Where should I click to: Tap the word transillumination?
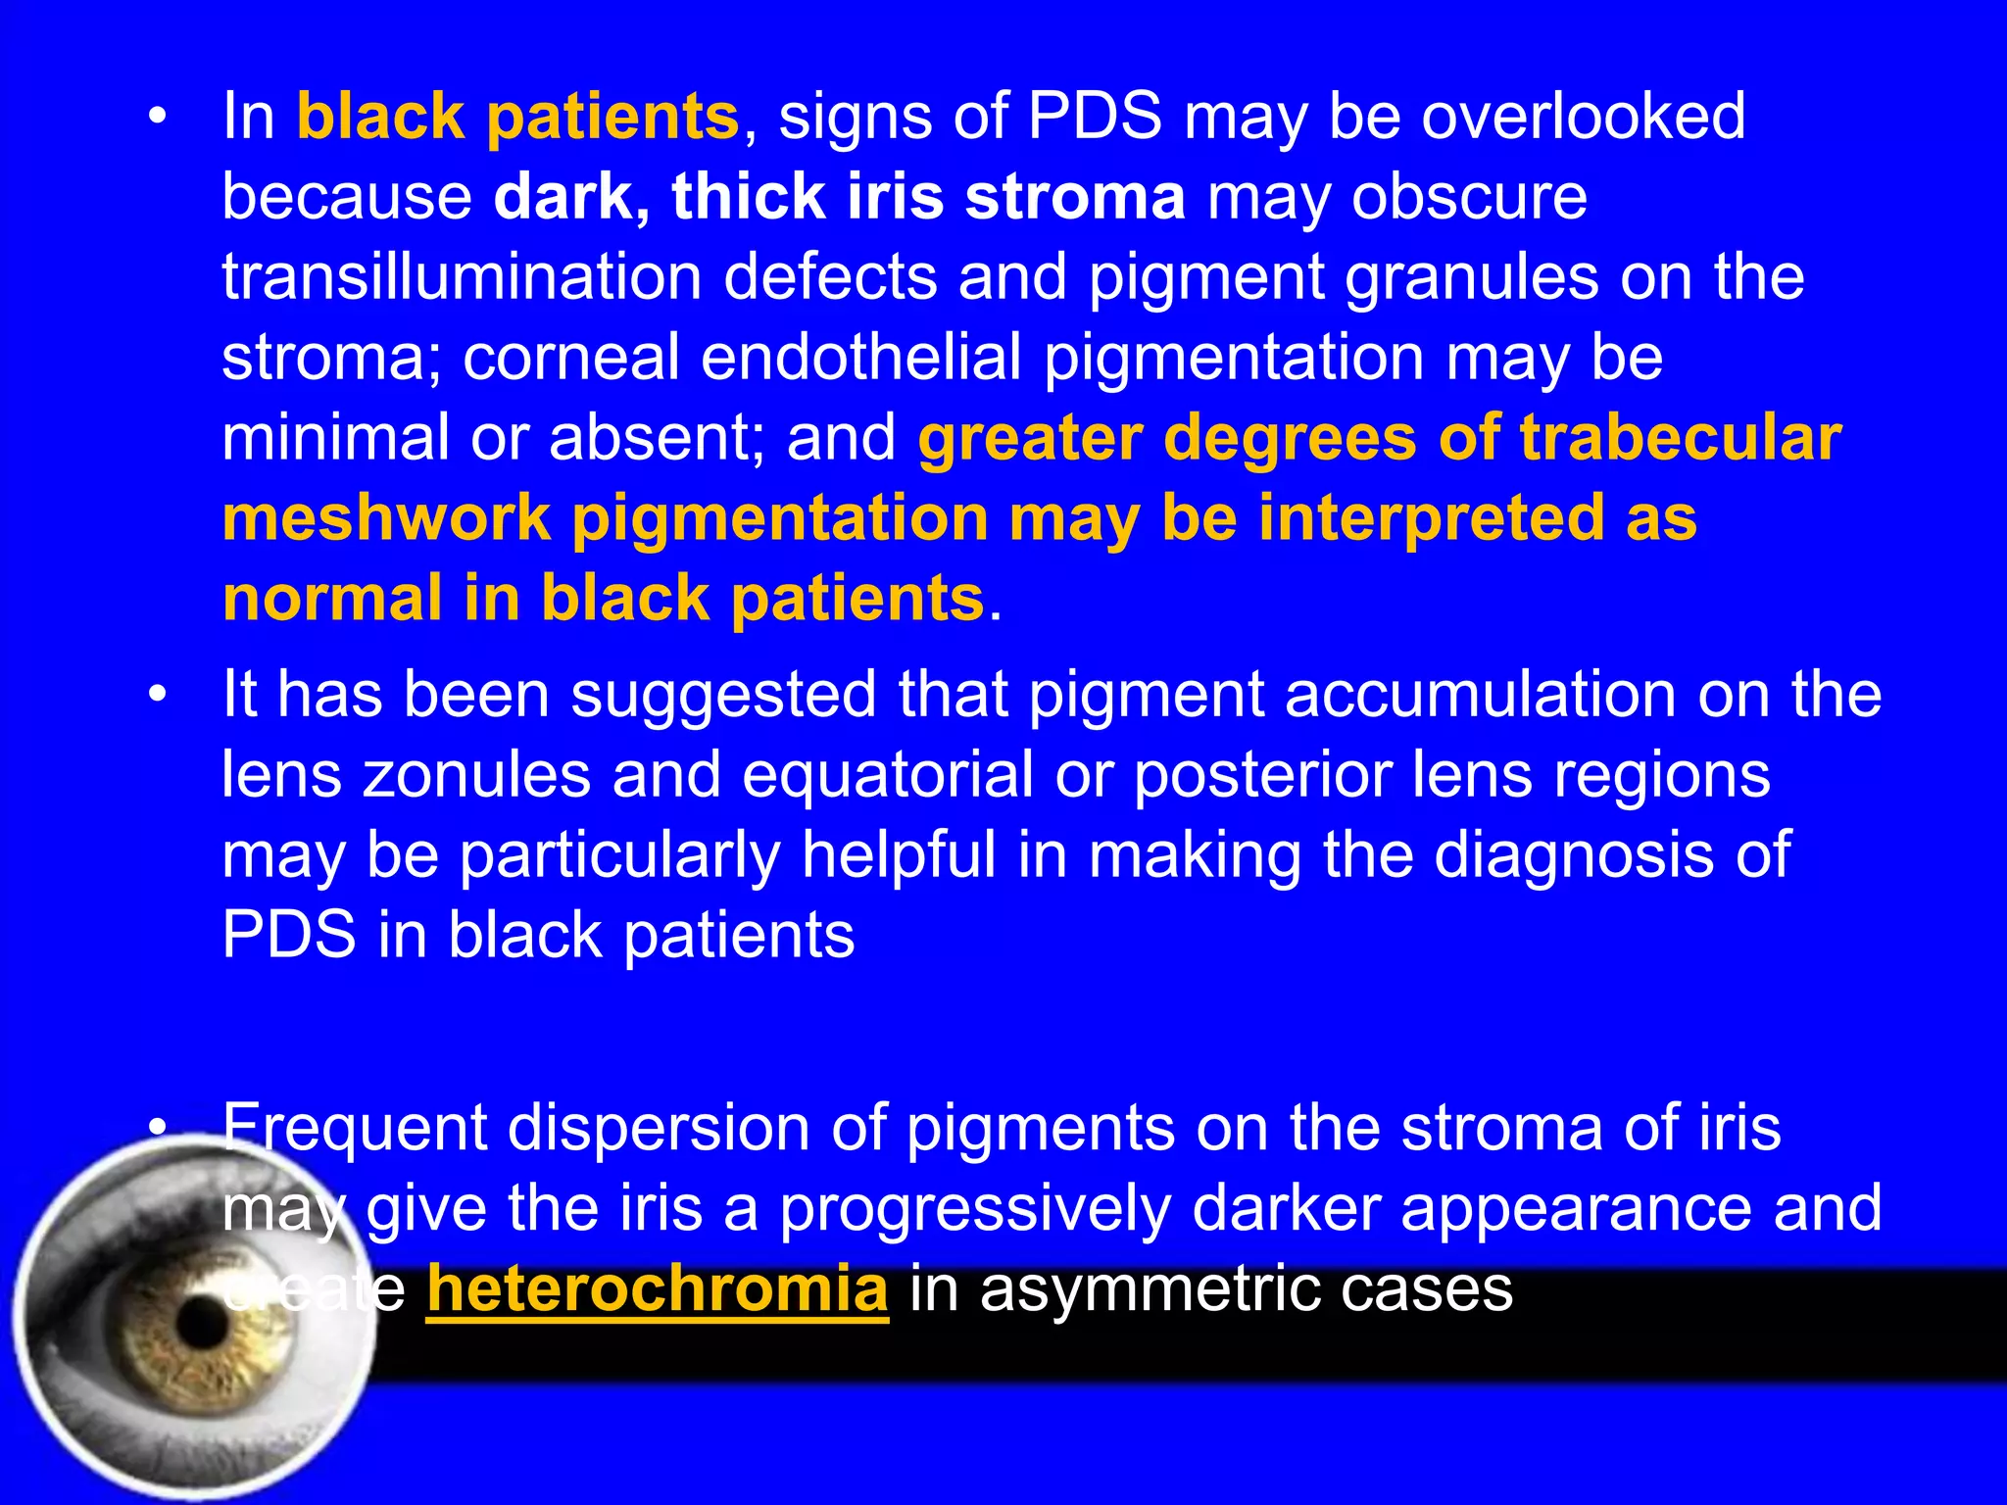point(462,277)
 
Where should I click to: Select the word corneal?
point(570,358)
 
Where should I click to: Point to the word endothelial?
point(861,358)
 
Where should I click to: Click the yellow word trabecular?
point(1681,438)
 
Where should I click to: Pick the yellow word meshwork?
point(386,518)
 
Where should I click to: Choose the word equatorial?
point(888,777)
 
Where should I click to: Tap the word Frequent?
point(355,1129)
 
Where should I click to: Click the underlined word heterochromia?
point(658,1289)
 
